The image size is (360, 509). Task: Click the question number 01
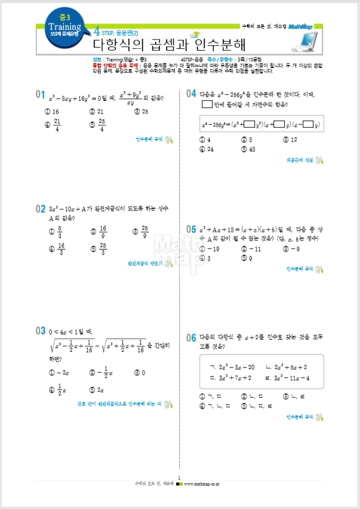tap(41, 94)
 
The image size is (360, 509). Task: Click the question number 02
tap(41, 209)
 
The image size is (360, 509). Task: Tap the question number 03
tap(41, 330)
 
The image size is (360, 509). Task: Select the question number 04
tap(191, 94)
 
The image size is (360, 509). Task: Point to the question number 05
tap(191, 229)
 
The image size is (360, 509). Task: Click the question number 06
tap(191, 338)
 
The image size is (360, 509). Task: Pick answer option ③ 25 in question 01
tap(141, 112)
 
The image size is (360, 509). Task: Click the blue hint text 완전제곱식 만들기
tap(144, 263)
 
